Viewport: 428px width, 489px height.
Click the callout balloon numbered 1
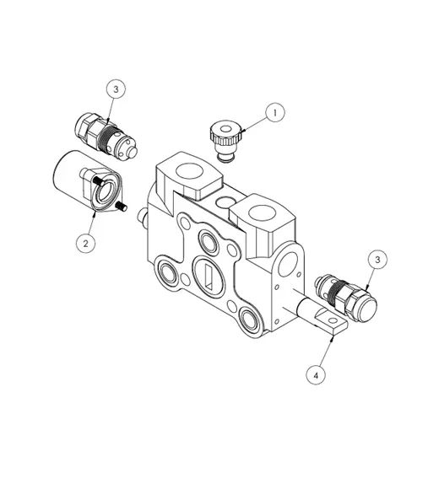tap(272, 111)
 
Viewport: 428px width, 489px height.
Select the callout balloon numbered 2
tap(84, 243)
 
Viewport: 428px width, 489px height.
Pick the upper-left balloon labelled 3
tap(116, 89)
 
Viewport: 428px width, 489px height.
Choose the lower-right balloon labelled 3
tap(377, 260)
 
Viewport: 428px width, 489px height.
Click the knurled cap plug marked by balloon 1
tap(225, 135)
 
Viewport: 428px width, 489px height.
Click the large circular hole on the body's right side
tap(294, 264)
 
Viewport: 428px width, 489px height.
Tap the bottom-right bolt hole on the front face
tap(248, 318)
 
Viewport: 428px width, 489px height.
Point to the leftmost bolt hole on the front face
tap(165, 274)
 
